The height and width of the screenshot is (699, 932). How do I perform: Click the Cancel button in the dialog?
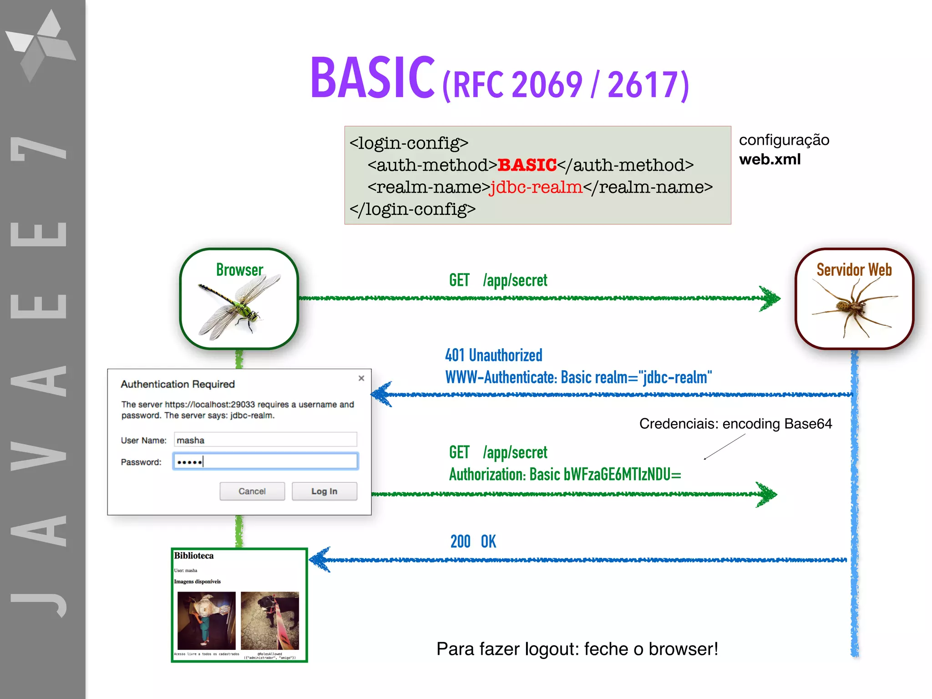click(x=252, y=491)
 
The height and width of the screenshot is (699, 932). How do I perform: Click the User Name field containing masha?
click(x=265, y=440)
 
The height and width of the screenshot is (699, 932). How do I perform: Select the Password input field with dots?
click(x=265, y=461)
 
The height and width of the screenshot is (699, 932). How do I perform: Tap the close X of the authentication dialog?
click(x=361, y=378)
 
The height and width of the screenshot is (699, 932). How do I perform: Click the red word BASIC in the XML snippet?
click(x=527, y=165)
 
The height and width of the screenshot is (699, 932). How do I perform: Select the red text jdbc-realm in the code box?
click(x=536, y=187)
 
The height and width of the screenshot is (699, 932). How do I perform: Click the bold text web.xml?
click(x=770, y=159)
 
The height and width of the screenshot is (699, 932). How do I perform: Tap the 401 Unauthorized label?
click(x=493, y=355)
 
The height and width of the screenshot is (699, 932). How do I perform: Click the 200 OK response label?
click(x=473, y=542)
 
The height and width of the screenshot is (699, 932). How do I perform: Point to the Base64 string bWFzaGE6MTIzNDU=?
click(x=622, y=475)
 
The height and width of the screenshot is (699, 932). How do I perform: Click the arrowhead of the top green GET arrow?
click(x=770, y=299)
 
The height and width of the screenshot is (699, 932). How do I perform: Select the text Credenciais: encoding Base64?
click(x=735, y=424)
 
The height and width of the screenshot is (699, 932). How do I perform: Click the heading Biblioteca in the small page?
click(x=193, y=556)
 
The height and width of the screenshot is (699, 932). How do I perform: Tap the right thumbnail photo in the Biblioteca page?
click(x=269, y=620)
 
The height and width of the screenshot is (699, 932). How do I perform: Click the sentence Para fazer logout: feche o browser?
click(x=577, y=649)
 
